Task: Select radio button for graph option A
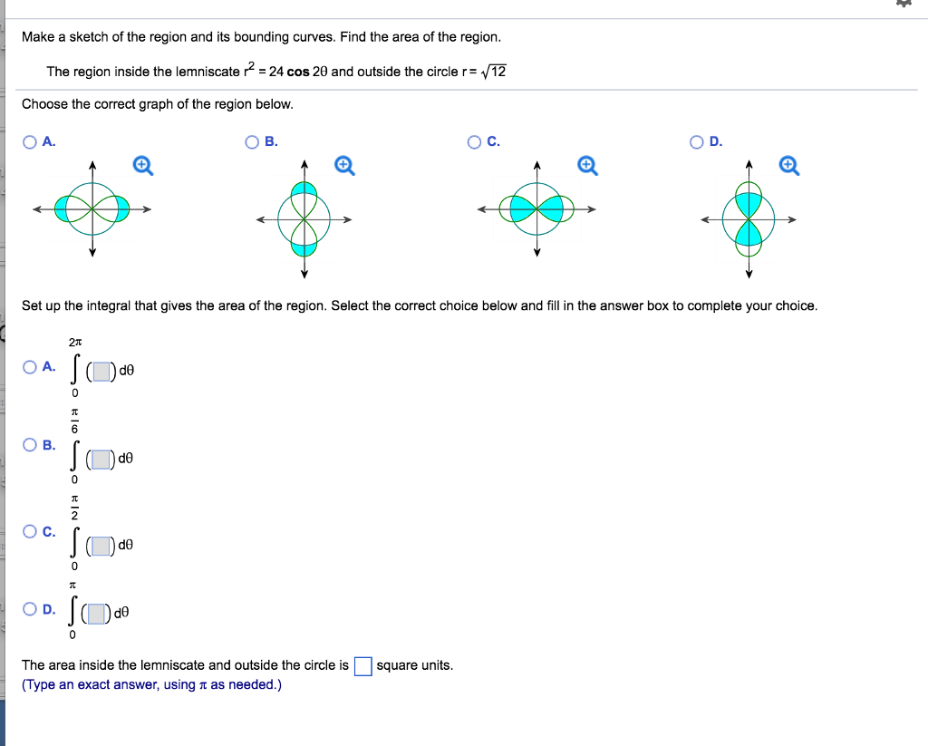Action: click(x=31, y=141)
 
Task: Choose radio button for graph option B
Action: click(x=253, y=141)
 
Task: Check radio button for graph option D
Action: click(x=697, y=141)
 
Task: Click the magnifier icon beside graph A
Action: click(x=142, y=165)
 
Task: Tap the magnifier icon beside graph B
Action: click(x=343, y=165)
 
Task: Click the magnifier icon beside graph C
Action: click(x=586, y=165)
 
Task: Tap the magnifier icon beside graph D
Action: click(x=788, y=165)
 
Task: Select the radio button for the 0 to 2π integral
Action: click(x=31, y=367)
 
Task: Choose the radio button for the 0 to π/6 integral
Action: click(x=31, y=444)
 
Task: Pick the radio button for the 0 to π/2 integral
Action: click(x=31, y=531)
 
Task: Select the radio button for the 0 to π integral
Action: click(x=31, y=609)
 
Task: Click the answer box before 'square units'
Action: click(x=362, y=666)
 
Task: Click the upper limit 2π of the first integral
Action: click(x=75, y=343)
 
